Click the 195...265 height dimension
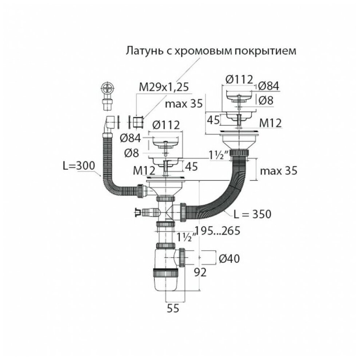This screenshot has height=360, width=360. (218, 230)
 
